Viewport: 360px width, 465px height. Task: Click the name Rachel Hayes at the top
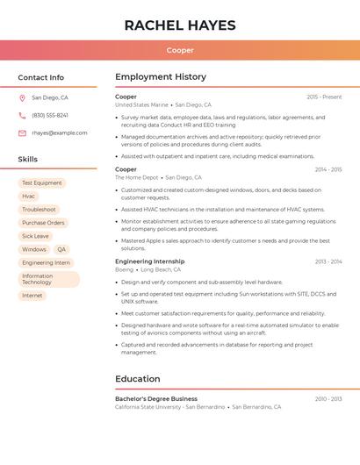pyautogui.click(x=180, y=25)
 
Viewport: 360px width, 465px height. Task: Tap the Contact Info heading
pyautogui.click(x=40, y=77)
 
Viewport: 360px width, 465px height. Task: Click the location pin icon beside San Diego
pyautogui.click(x=22, y=98)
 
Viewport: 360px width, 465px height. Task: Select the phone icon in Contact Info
pyautogui.click(x=22, y=116)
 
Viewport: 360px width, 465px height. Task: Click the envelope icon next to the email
pyautogui.click(x=22, y=133)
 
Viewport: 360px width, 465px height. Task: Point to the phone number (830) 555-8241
pyautogui.click(x=50, y=116)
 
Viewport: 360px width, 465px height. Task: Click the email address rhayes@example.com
pyautogui.click(x=60, y=133)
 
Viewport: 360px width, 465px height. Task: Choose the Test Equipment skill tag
pyautogui.click(x=42, y=183)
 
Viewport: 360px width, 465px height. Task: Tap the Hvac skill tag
pyautogui.click(x=29, y=197)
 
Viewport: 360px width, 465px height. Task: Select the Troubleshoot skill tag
pyautogui.click(x=39, y=210)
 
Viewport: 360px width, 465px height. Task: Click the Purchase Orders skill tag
pyautogui.click(x=43, y=223)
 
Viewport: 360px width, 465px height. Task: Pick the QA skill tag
pyautogui.click(x=61, y=249)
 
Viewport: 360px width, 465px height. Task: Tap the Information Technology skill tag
pyautogui.click(x=48, y=279)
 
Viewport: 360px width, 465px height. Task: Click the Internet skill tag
pyautogui.click(x=32, y=296)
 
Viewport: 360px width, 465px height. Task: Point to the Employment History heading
pyautogui.click(x=161, y=77)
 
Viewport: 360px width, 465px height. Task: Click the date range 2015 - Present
pyautogui.click(x=324, y=97)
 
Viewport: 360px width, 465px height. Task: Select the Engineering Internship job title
pyautogui.click(x=150, y=261)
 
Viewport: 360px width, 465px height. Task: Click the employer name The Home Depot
pyautogui.click(x=137, y=177)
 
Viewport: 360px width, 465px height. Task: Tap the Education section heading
pyautogui.click(x=138, y=379)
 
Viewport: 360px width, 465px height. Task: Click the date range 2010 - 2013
pyautogui.click(x=328, y=398)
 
